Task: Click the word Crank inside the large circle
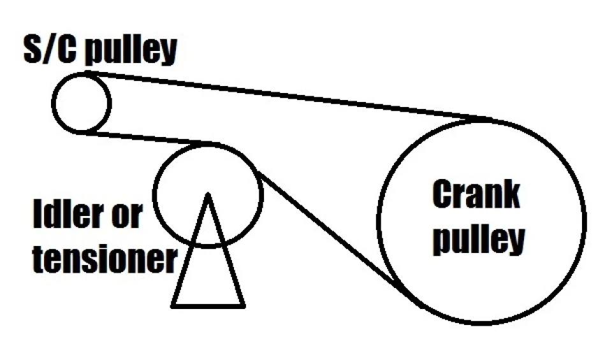coord(476,194)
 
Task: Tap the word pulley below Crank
coord(479,239)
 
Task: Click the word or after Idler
coord(127,217)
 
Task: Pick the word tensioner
coord(105,258)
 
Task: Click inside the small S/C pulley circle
coord(82,103)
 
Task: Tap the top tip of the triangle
coord(208,194)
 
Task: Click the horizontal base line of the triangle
coord(208,306)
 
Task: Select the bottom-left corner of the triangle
coord(172,306)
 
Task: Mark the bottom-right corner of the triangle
coord(244,306)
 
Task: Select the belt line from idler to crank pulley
coord(333,234)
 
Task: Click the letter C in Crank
coord(442,194)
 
